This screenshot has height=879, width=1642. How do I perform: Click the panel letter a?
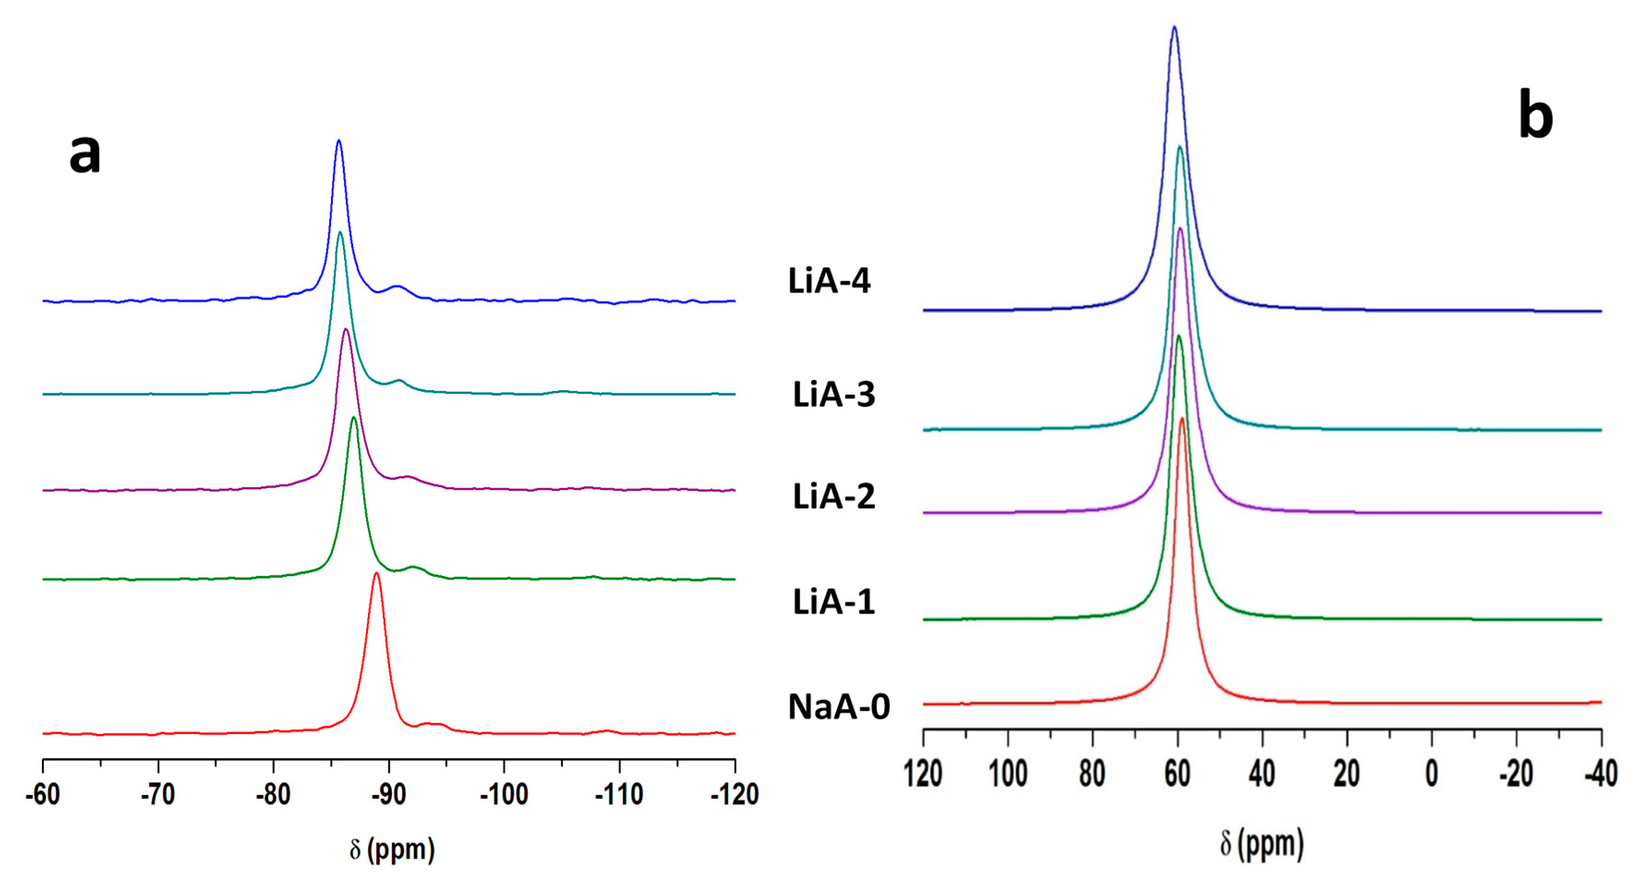point(85,155)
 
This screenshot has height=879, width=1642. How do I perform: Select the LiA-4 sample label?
point(829,281)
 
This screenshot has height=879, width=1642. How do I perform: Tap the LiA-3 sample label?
point(833,395)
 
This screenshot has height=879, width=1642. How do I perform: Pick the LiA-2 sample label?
point(833,497)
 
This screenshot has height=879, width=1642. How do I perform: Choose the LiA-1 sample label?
point(833,602)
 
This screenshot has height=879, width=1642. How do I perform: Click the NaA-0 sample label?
point(838,707)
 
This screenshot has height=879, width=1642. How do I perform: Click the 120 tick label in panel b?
point(923,774)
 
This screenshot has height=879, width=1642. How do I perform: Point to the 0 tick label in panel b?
point(1431,774)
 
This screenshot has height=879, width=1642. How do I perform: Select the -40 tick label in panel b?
point(1600,774)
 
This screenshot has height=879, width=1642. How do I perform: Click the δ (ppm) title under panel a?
point(392,849)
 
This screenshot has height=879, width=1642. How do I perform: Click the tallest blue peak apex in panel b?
point(1174,27)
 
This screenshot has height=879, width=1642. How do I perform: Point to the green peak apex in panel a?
point(354,417)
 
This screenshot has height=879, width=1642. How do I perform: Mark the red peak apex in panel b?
point(1182,419)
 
